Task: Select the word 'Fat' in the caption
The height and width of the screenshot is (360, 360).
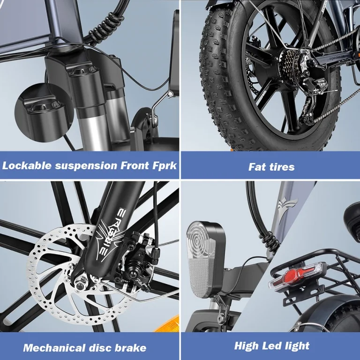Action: (x=257, y=166)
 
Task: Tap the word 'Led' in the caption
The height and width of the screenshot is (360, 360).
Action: (x=271, y=346)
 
